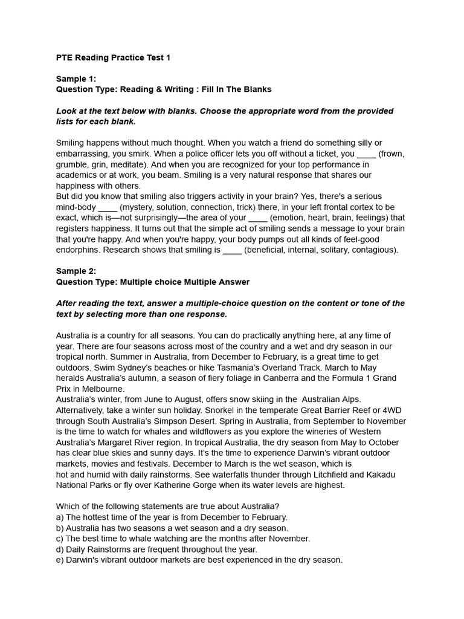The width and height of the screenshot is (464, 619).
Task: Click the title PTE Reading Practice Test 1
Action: tap(113, 57)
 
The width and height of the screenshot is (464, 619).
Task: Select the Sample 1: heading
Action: tap(76, 79)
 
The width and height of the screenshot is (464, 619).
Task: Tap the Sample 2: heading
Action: tap(76, 271)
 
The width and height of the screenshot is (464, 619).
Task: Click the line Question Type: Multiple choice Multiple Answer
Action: tap(153, 282)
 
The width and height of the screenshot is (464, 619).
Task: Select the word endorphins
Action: tap(79, 250)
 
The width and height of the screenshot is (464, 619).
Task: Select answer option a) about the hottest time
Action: tap(172, 517)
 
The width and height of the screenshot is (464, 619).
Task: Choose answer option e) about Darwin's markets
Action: tap(199, 560)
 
